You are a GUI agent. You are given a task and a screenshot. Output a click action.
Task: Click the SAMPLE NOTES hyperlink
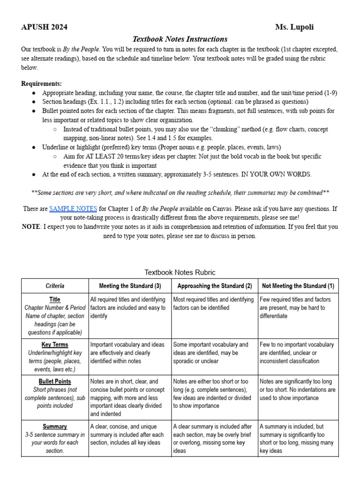pyautogui.click(x=73, y=209)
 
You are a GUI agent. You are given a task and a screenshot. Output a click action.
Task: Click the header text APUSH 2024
pyautogui.click(x=44, y=27)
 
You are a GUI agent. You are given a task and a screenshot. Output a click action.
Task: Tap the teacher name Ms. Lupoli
pyautogui.click(x=294, y=27)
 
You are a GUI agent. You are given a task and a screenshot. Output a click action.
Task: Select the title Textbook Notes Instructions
pyautogui.click(x=180, y=39)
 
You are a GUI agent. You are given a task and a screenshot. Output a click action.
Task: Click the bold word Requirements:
pyautogui.click(x=41, y=84)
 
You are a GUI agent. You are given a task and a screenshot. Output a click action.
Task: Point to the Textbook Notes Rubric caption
pyautogui.click(x=180, y=272)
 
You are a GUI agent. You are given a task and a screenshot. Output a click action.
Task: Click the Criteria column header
pyautogui.click(x=55, y=285)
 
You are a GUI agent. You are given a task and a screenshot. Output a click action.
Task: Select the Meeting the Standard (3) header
pyautogui.click(x=130, y=285)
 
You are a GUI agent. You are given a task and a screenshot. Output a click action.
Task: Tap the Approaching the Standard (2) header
pyautogui.click(x=215, y=285)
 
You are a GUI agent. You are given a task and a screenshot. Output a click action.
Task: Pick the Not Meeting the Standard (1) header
pyautogui.click(x=298, y=285)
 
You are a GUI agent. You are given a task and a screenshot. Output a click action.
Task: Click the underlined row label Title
pyautogui.click(x=55, y=300)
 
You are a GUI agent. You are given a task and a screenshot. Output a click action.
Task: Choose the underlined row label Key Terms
pyautogui.click(x=55, y=345)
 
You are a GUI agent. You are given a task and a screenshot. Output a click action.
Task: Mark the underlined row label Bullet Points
pyautogui.click(x=55, y=382)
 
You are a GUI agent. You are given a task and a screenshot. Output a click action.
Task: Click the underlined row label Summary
pyautogui.click(x=55, y=427)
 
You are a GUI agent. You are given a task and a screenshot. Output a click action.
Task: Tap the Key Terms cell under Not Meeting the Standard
pyautogui.click(x=298, y=353)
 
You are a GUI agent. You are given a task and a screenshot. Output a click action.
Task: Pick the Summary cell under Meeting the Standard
pyautogui.click(x=130, y=435)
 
